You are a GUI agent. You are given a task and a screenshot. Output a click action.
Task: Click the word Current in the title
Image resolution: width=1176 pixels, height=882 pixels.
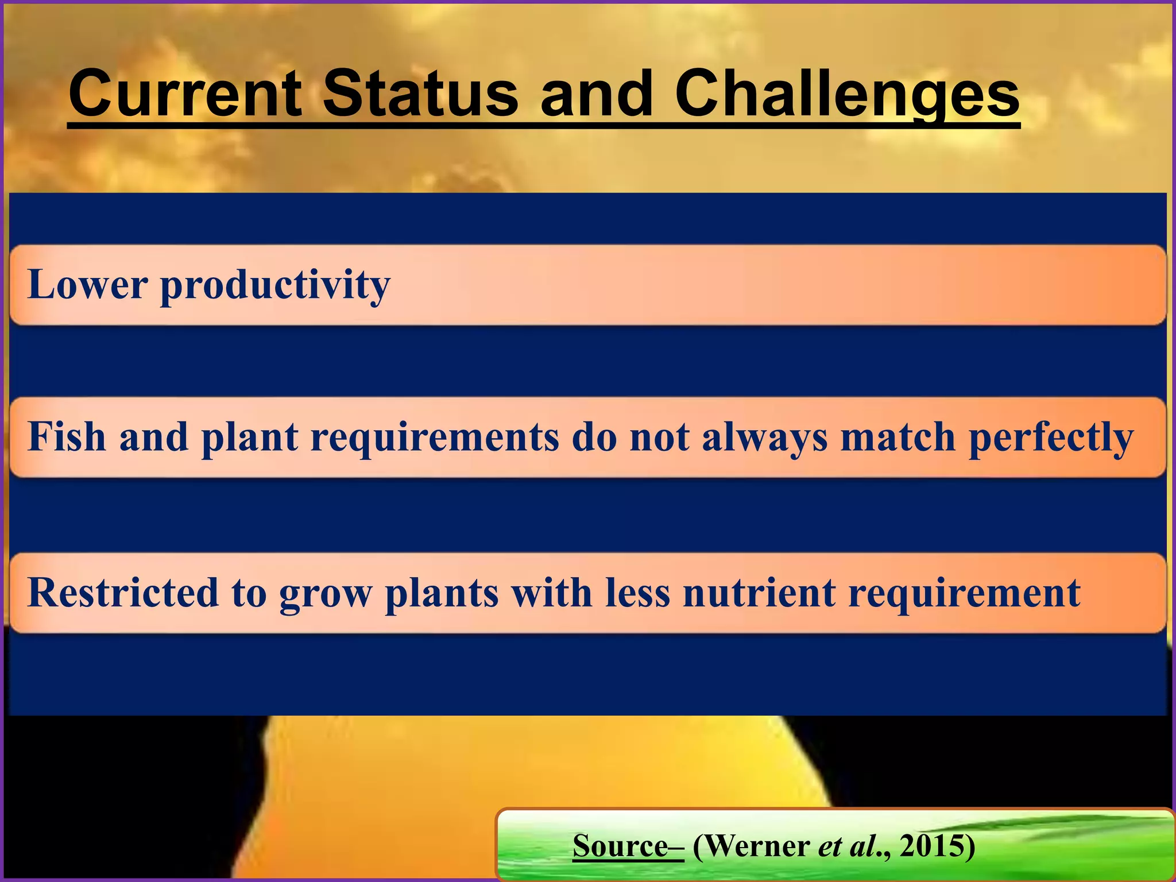pos(185,94)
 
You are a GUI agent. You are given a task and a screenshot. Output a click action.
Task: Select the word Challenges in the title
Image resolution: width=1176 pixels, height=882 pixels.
pos(846,94)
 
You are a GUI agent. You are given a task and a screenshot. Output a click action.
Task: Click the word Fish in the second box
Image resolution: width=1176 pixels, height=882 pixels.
pos(67,437)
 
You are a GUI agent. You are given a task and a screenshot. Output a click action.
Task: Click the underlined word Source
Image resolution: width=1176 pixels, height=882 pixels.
pos(620,846)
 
